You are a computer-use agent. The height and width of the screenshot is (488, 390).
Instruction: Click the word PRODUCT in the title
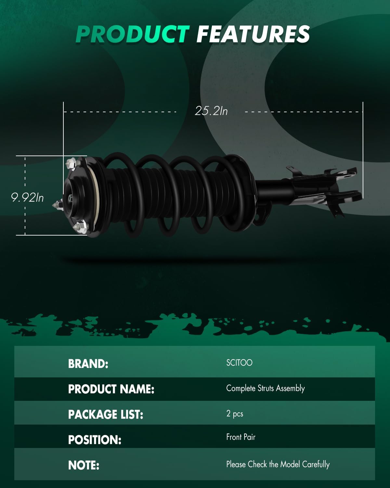132,34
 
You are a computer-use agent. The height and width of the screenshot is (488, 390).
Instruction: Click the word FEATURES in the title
253,34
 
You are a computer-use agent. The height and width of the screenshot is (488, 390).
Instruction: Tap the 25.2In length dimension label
211,111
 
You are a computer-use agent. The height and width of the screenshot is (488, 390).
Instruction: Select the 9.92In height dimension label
27,197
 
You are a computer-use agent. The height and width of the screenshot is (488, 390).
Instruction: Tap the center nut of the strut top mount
71,197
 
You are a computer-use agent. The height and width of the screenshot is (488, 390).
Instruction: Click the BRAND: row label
88,364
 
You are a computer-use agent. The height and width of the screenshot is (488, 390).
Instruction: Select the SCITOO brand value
239,363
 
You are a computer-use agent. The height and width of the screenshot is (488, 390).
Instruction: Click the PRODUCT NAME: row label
111,389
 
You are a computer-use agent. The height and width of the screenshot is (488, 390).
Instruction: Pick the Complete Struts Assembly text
265,388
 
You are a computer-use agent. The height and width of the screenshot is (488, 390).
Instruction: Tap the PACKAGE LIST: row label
106,414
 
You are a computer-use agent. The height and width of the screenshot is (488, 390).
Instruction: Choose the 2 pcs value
235,414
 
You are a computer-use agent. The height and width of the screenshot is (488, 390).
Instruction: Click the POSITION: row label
95,440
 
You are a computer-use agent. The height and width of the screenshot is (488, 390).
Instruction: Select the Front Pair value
241,437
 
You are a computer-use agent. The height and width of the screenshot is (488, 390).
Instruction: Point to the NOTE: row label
84,465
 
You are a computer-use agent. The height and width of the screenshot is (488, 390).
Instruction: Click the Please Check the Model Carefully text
278,464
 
